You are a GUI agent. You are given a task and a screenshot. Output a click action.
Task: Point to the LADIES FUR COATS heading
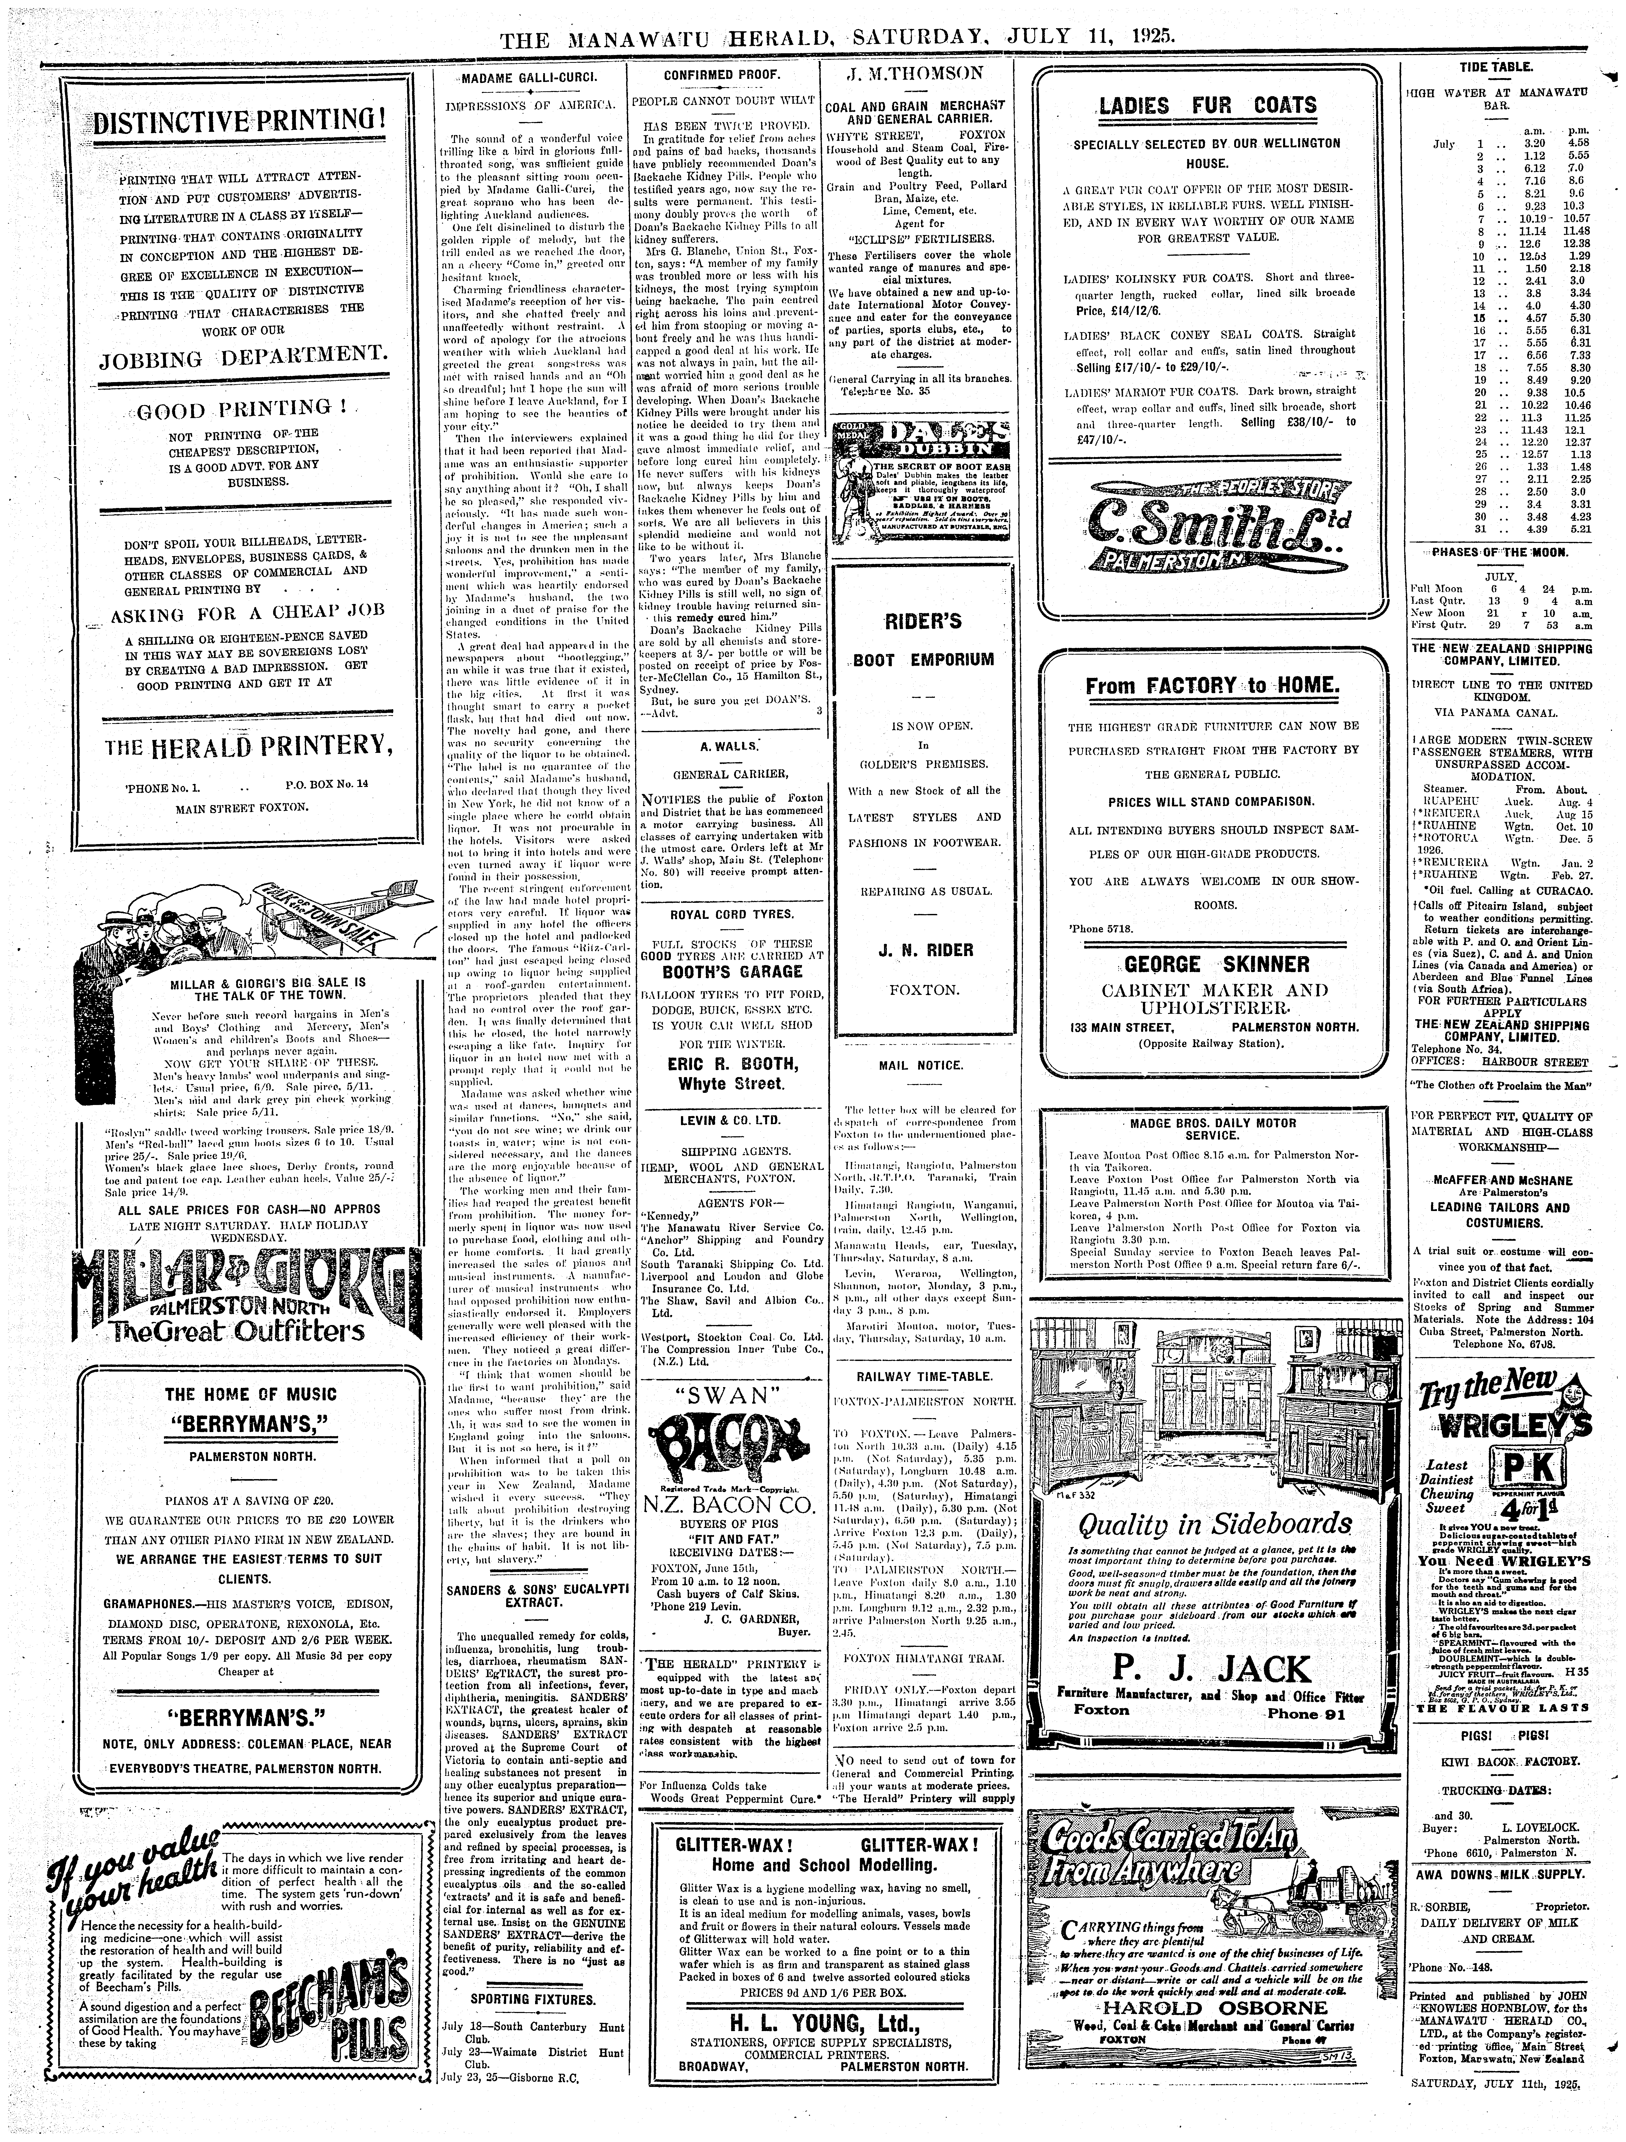coord(1209,105)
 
